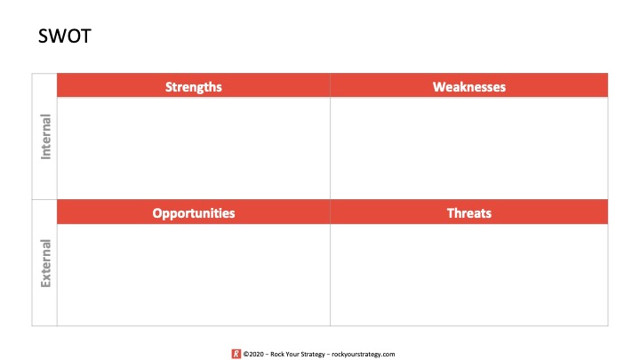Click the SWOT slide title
point(65,36)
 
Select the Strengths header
point(194,87)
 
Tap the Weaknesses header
point(469,86)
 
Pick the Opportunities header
point(194,213)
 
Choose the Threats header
point(469,212)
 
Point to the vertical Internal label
point(45,136)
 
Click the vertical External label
point(45,263)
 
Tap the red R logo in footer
point(236,354)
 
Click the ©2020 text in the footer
point(253,354)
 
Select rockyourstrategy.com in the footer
point(364,354)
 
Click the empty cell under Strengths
point(194,148)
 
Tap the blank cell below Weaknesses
point(469,148)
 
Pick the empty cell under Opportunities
point(194,275)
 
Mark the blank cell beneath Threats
point(469,275)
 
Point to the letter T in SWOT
point(86,36)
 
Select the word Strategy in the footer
point(313,354)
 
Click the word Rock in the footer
point(276,354)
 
